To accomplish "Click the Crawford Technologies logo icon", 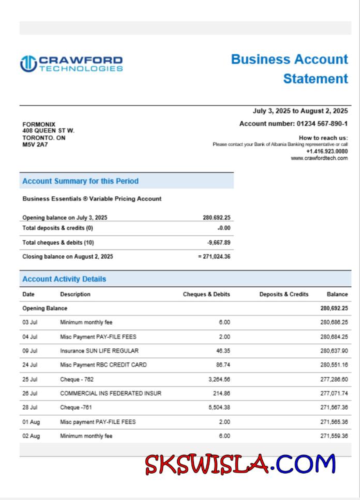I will point(28,64).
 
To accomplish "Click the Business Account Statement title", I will point(290,69).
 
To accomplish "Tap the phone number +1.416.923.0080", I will point(327,151).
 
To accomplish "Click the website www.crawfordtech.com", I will point(319,158).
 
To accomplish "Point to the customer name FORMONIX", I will point(39,125).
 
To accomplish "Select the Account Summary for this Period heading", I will point(80,181).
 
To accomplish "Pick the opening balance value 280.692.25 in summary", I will point(216,218).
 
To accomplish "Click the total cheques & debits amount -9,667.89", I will point(219,243).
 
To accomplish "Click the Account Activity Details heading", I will point(64,279).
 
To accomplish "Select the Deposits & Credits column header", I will point(283,294).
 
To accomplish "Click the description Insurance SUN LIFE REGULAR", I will point(99,351).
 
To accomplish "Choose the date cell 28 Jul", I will point(30,407).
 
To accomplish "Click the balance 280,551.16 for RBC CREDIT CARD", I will point(334,365).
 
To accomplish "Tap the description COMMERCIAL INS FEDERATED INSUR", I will point(111,393).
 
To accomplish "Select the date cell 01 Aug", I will point(31,422).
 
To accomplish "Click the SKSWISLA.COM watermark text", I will point(240,464).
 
